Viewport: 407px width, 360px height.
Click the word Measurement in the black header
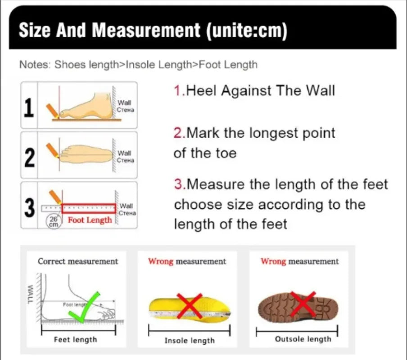tap(146, 30)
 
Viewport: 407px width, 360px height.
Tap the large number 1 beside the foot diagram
tap(29, 108)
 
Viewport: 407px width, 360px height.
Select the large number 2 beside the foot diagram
tap(29, 157)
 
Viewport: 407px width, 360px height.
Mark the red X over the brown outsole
tap(302, 304)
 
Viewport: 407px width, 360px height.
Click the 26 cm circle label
tap(54, 220)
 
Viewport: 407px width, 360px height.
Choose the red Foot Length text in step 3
tap(90, 220)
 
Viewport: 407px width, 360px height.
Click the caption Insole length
tap(190, 341)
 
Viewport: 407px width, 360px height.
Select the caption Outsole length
tap(303, 339)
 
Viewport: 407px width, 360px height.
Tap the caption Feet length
tap(75, 340)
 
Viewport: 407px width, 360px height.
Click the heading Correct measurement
tap(78, 261)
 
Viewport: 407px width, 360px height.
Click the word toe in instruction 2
tap(226, 153)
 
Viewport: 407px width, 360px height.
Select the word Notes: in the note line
tap(34, 64)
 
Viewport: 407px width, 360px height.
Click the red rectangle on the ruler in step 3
tap(89, 208)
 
